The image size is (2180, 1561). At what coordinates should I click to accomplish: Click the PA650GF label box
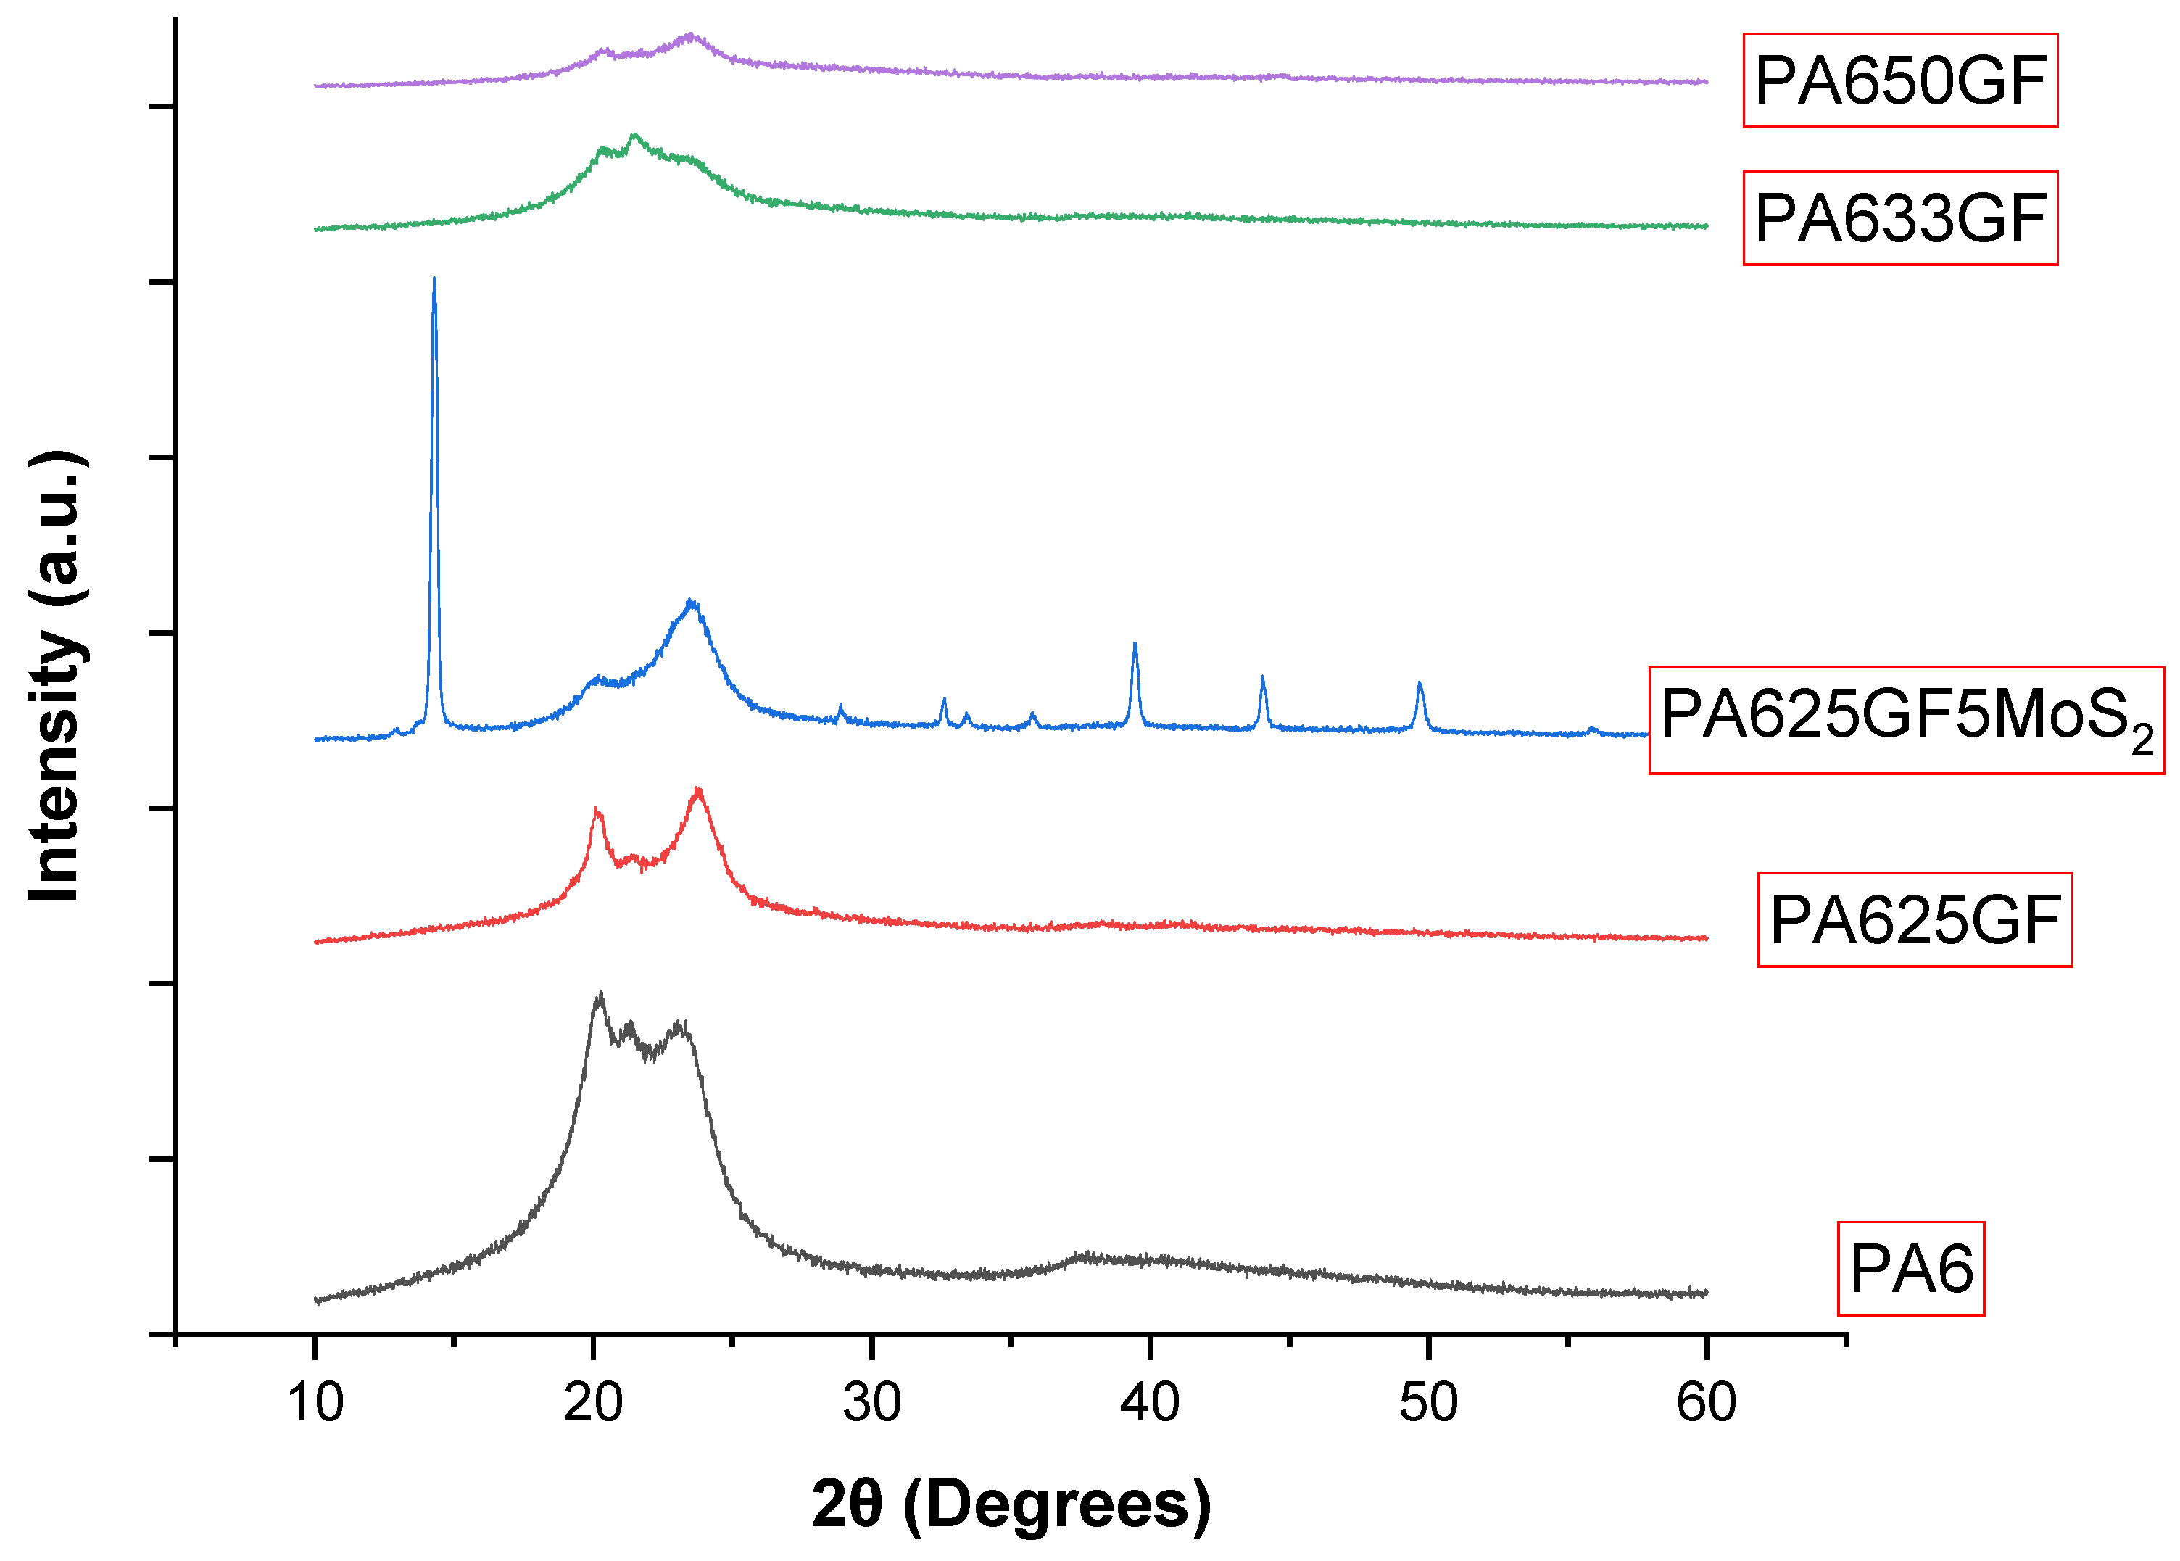click(x=1899, y=80)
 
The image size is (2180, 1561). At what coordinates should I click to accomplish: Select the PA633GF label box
click(x=1899, y=218)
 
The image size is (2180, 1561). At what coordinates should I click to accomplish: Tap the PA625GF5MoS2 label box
click(x=1906, y=720)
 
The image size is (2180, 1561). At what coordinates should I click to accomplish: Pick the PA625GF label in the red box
click(x=1914, y=920)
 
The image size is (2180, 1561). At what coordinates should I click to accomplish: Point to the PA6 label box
click(x=1911, y=1269)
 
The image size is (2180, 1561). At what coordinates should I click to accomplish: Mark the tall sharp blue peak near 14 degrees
click(x=434, y=281)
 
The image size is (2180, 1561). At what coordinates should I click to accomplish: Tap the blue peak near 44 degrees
click(x=1263, y=679)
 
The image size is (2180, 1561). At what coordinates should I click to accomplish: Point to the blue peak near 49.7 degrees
click(x=1420, y=684)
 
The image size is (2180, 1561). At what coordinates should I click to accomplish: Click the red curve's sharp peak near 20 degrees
click(x=597, y=811)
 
